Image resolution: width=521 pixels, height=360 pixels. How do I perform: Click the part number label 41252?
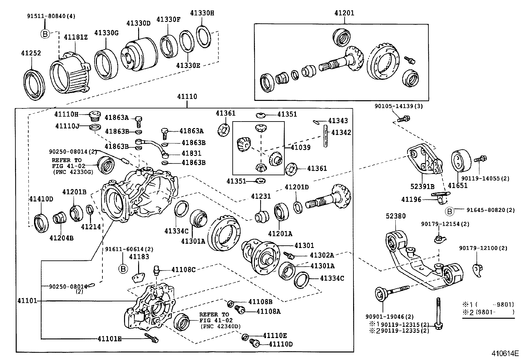click(31, 53)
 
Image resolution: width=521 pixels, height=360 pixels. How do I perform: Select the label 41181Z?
click(76, 37)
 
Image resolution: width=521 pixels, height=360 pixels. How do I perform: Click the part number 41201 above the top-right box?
click(344, 13)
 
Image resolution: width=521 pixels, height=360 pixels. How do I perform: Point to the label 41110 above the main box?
click(187, 97)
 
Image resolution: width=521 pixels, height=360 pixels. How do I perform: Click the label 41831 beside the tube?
click(191, 153)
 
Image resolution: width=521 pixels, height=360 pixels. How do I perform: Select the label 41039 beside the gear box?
click(300, 147)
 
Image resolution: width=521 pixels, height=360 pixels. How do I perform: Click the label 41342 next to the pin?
click(341, 132)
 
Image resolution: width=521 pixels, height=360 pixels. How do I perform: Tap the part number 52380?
click(395, 216)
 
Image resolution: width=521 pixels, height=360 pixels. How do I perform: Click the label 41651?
click(458, 186)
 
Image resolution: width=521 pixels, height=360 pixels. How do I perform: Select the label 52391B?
click(422, 187)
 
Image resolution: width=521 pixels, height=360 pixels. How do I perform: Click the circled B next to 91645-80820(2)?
click(450, 212)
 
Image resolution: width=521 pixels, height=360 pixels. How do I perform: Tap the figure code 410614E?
click(505, 353)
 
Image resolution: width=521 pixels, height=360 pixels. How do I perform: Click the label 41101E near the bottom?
click(109, 339)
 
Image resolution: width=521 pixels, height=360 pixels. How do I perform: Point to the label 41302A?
click(322, 255)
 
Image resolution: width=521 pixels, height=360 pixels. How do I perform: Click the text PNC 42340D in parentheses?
click(220, 326)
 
